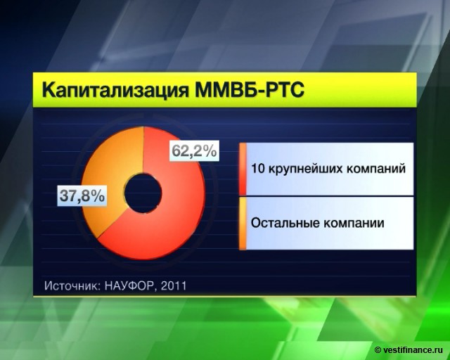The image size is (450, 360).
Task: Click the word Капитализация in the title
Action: click(116, 91)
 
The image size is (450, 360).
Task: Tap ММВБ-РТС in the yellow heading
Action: click(250, 89)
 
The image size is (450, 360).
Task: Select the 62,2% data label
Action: click(194, 150)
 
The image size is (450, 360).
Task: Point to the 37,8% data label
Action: click(82, 195)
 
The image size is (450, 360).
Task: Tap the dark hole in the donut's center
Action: click(143, 193)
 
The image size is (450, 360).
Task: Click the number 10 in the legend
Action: click(257, 169)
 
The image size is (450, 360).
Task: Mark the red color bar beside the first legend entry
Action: click(243, 169)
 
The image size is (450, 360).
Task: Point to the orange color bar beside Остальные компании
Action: click(243, 224)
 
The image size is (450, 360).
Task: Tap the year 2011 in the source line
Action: click(174, 285)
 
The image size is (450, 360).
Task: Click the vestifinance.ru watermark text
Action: click(413, 350)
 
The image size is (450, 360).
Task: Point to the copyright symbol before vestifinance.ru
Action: click(378, 350)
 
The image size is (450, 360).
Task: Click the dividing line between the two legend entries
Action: click(326, 196)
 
